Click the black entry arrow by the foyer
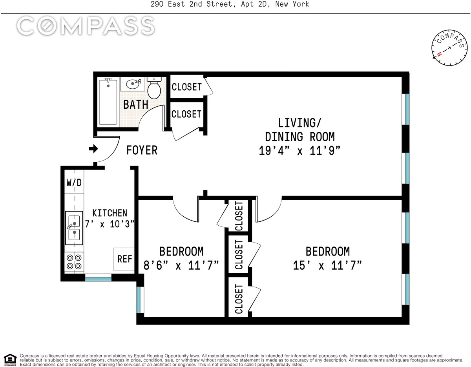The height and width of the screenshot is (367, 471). coord(93,149)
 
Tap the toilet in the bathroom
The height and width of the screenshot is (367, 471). coord(154,88)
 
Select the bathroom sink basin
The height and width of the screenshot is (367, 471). coord(133,84)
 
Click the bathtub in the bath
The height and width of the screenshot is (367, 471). coord(108,102)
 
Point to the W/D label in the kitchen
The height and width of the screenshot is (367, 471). coord(74,183)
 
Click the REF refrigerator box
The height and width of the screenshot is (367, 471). coord(124,259)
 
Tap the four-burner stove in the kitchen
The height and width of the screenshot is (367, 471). coord(74,262)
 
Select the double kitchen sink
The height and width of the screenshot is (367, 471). coord(74,228)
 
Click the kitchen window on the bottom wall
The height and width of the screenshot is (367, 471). coord(98,278)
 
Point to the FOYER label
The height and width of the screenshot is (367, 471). coord(142,150)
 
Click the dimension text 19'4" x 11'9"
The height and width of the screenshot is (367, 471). coord(299,151)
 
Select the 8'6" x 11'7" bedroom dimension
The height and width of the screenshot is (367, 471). coord(181,265)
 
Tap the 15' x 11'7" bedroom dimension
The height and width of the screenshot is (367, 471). coord(327,265)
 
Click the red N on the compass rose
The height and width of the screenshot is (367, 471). coord(439,54)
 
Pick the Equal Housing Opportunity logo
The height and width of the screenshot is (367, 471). coord(10,360)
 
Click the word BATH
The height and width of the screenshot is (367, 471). coord(136,104)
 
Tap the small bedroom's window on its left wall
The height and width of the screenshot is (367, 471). coord(140,300)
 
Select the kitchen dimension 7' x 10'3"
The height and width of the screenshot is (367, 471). coord(110,224)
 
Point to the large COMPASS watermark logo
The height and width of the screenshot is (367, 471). coord(86,26)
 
